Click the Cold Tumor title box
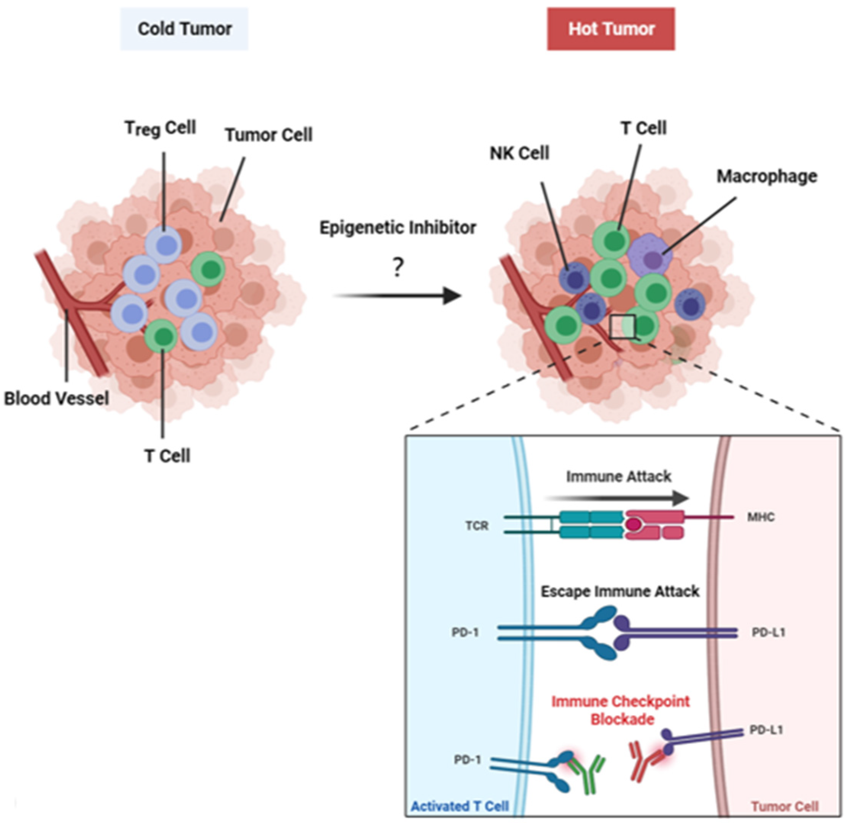tap(184, 29)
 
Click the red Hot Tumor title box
tap(611, 29)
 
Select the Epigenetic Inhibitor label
tap(397, 227)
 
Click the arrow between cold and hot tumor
tap(396, 296)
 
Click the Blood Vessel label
tap(56, 398)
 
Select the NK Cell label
tap(519, 153)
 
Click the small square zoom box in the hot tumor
tap(622, 327)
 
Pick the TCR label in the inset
tap(477, 526)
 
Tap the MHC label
tap(761, 517)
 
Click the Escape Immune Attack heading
tap(620, 591)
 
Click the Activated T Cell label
tap(460, 807)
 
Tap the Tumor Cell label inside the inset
tap(784, 807)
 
